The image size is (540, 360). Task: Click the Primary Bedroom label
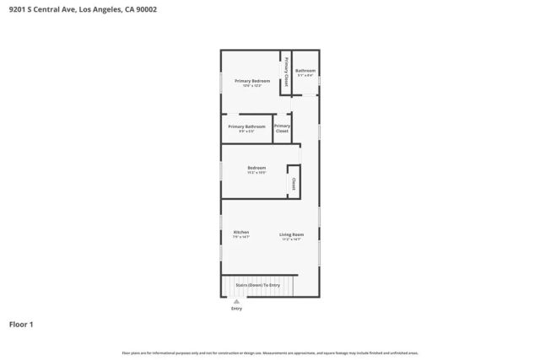click(x=252, y=81)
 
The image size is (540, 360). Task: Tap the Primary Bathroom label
click(x=246, y=126)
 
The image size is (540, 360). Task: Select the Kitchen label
click(x=241, y=232)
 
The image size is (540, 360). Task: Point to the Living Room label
click(x=292, y=234)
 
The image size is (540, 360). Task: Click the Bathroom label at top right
click(x=305, y=70)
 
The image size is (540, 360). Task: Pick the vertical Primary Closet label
click(x=286, y=72)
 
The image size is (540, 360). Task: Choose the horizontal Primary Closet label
click(x=282, y=128)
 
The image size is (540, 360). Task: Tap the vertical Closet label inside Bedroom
click(x=293, y=183)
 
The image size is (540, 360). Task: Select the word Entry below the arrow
click(x=236, y=309)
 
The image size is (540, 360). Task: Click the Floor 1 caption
click(x=22, y=324)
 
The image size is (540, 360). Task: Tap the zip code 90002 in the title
click(x=144, y=9)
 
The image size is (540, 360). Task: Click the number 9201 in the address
click(x=16, y=9)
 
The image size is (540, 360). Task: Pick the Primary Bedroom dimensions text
click(x=252, y=86)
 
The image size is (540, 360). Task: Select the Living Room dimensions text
click(x=292, y=239)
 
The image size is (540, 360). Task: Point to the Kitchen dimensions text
click(x=241, y=238)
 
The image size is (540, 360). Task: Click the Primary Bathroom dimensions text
click(x=246, y=132)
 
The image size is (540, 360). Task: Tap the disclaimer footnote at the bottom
click(x=270, y=352)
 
